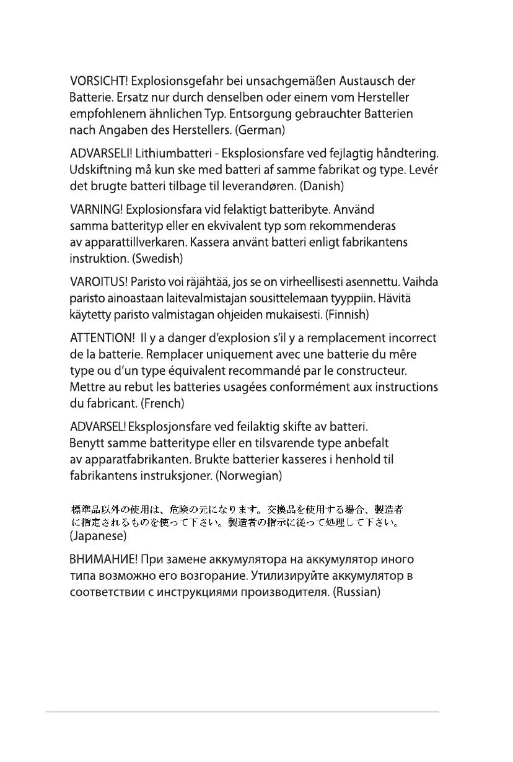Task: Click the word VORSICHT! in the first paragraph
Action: [99, 81]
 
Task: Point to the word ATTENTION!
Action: [99, 339]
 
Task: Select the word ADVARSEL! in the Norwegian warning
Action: [97, 427]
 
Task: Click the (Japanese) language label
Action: [98, 533]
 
